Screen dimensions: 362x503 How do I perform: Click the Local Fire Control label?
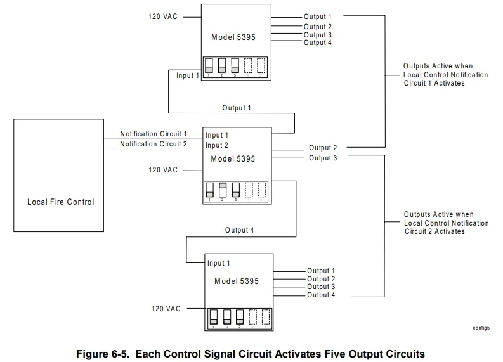click(60, 202)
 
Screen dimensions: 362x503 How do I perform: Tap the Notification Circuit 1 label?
click(154, 134)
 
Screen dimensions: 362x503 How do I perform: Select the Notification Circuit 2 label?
click(154, 144)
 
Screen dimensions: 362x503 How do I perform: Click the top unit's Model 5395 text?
click(233, 37)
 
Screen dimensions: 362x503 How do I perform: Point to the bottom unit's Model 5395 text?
click(237, 281)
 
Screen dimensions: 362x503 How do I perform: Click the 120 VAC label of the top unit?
click(163, 16)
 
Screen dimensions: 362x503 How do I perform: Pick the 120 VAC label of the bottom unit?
click(166, 309)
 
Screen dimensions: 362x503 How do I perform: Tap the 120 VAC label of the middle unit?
click(163, 170)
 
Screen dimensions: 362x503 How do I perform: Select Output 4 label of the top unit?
click(318, 43)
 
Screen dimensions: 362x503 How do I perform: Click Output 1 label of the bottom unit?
click(321, 271)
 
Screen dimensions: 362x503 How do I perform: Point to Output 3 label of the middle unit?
click(323, 158)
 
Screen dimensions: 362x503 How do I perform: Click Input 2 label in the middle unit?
click(217, 145)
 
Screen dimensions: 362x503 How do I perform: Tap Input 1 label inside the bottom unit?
click(219, 263)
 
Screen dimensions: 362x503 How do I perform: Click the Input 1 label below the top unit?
click(188, 75)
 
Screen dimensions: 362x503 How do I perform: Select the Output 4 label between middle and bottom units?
click(239, 230)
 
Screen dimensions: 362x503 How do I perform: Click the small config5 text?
click(481, 328)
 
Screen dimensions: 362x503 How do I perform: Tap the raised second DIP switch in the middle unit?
click(222, 190)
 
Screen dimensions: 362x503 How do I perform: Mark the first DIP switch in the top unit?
click(209, 65)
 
